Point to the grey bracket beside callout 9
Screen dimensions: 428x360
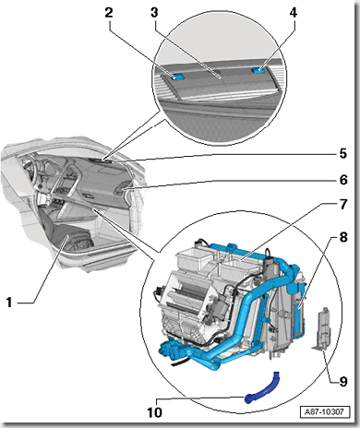[320, 328]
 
